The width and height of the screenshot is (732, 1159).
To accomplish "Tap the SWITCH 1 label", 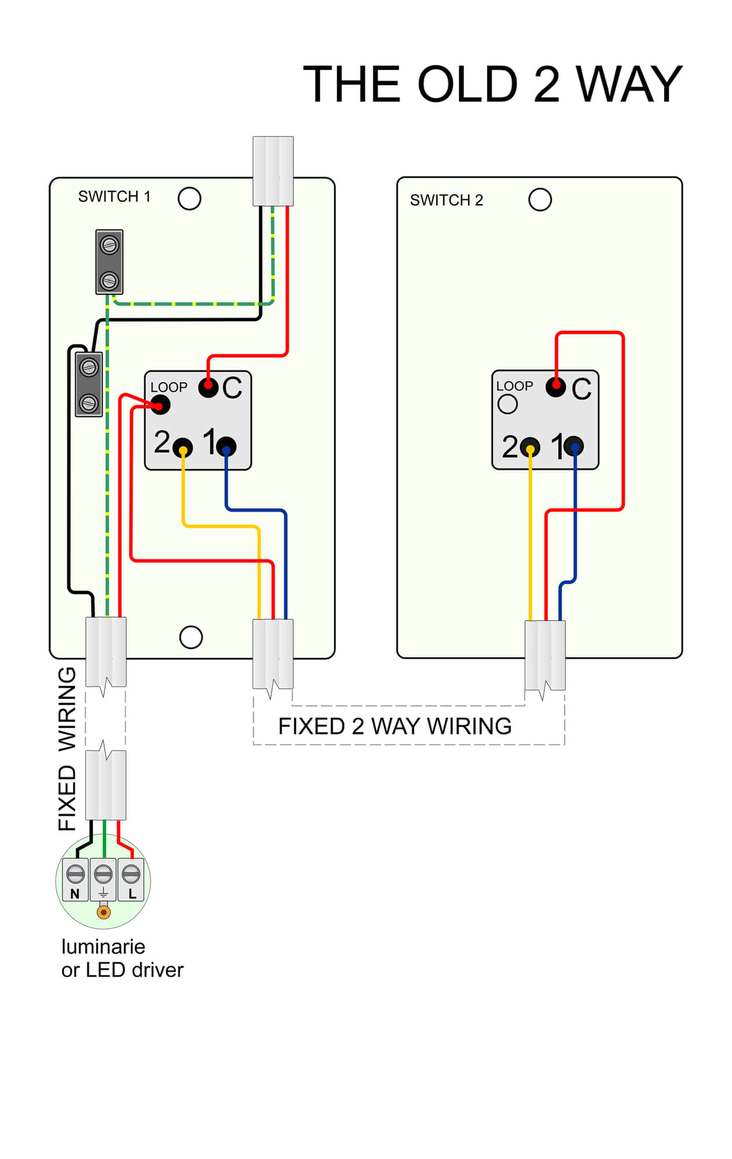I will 114,197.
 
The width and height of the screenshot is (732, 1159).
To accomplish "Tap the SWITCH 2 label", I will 446,201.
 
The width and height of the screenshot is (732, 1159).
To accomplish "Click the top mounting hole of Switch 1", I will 189,199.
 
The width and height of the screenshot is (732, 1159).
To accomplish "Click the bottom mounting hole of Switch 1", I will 191,637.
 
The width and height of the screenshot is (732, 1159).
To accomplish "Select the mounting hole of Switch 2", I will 540,200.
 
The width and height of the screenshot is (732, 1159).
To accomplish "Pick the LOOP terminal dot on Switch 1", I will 160,404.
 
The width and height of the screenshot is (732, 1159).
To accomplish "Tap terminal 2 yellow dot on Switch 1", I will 183,448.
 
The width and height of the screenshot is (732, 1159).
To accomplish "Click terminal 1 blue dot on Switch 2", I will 574,446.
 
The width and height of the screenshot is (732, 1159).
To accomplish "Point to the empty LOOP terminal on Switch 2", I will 507,404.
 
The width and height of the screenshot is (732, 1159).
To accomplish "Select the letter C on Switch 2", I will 581,389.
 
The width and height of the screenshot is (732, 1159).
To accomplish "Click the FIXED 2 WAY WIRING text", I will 395,727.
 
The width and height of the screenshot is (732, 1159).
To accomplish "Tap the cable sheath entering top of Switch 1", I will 273,171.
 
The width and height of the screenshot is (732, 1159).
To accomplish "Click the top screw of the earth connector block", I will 109,245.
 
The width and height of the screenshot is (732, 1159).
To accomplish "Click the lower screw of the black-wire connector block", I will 89,402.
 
